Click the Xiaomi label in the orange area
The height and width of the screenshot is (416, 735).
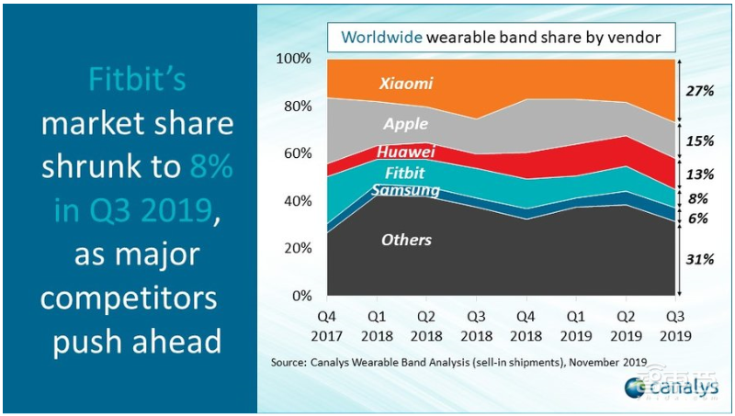(x=406, y=84)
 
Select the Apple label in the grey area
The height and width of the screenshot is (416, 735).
(x=406, y=124)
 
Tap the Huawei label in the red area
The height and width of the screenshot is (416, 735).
(x=404, y=152)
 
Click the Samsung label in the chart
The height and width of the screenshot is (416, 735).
(x=405, y=190)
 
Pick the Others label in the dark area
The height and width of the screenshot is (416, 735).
(x=406, y=240)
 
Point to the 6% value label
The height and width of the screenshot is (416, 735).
(x=700, y=219)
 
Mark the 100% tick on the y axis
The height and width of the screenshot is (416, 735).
(x=293, y=60)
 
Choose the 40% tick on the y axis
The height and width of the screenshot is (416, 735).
(x=297, y=201)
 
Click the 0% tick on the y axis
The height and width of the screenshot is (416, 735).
(x=300, y=296)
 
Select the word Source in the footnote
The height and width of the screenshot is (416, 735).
(x=291, y=363)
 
